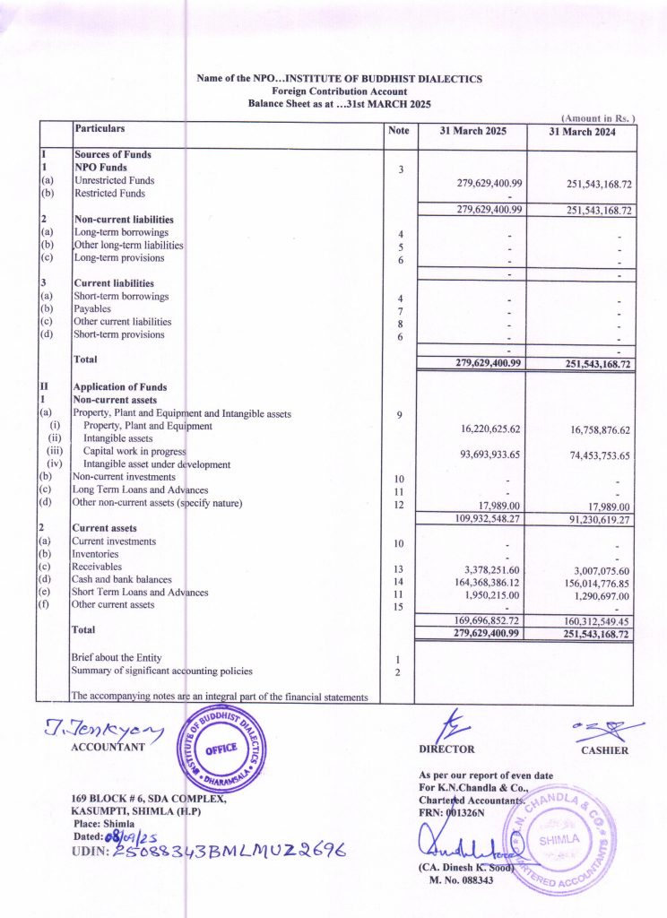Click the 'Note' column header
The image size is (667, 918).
click(399, 131)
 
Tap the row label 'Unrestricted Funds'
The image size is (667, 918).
click(115, 180)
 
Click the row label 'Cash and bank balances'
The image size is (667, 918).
click(123, 579)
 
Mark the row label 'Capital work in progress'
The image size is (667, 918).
click(134, 452)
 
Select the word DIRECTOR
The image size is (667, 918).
click(446, 749)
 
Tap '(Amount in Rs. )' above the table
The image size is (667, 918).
click(598, 118)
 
